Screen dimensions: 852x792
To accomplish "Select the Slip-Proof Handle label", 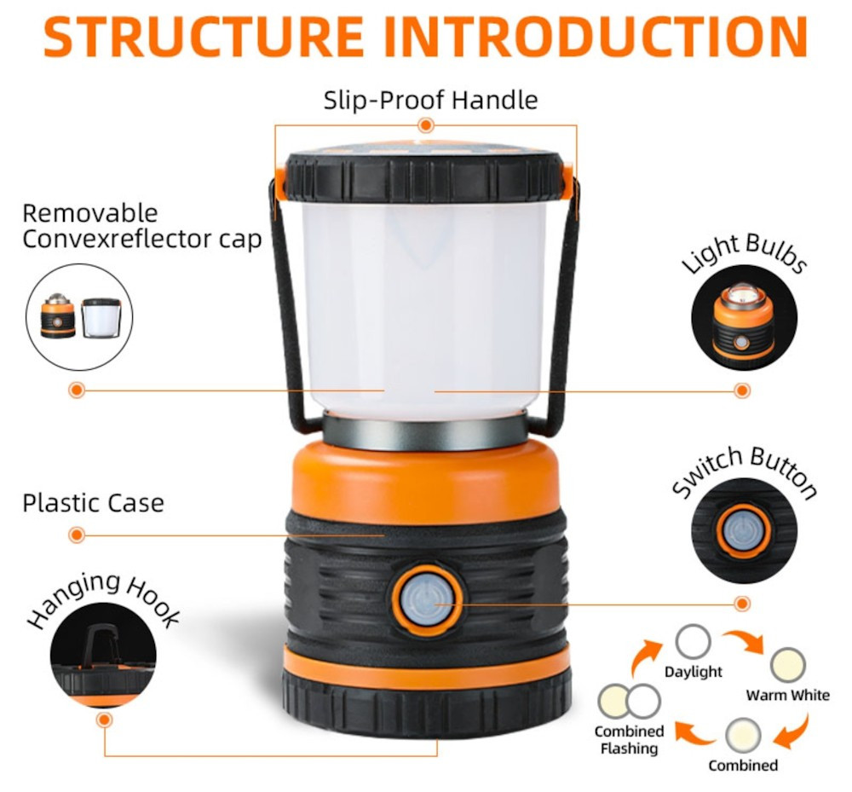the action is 430,100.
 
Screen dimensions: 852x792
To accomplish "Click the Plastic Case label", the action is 93,503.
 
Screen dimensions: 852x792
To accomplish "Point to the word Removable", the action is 90,212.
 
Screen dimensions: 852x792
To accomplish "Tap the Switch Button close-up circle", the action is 744,530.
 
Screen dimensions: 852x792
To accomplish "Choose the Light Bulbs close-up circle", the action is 744,317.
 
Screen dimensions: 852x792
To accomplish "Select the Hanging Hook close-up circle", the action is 103,655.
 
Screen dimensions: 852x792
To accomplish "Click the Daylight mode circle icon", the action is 693,642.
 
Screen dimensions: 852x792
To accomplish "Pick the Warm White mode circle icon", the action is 788,665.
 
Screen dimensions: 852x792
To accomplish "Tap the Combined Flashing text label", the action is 630,740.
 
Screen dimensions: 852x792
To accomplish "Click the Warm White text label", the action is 787,696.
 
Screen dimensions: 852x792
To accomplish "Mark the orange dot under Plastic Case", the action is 77,535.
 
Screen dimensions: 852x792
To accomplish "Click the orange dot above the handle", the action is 426,125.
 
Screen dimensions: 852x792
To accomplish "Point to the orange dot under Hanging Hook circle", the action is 104,720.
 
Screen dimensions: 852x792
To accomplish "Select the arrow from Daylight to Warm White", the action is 743,639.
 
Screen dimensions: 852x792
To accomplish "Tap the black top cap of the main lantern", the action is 426,176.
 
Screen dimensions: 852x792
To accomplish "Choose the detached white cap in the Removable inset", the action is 101,318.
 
